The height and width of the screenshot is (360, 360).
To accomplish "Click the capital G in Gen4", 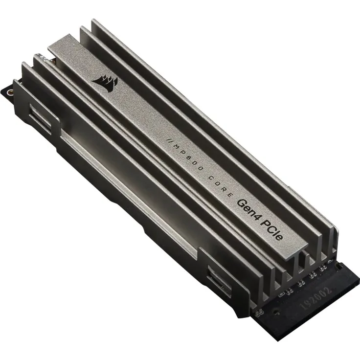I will [x=240, y=202].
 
